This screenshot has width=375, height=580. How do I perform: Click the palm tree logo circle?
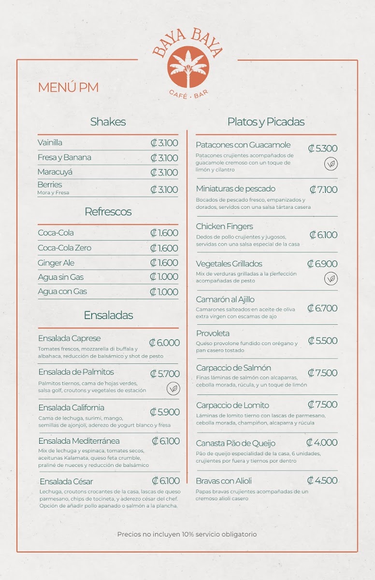[x=188, y=67]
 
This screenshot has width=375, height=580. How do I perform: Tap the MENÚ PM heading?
[x=68, y=87]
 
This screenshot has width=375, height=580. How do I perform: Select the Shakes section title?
[x=108, y=122]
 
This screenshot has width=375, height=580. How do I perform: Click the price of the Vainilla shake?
[x=164, y=143]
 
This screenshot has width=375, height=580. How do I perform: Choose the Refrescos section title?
[x=108, y=212]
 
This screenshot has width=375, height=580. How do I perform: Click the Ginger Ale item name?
[x=56, y=263]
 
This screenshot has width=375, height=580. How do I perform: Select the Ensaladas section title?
[x=108, y=315]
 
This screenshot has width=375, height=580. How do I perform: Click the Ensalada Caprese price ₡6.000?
[x=164, y=343]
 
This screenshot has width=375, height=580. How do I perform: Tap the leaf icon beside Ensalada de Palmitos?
[x=173, y=389]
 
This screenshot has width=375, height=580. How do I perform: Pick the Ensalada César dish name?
[x=66, y=481]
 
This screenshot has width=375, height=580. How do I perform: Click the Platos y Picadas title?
[x=266, y=122]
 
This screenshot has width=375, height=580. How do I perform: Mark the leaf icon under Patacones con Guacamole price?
[x=331, y=164]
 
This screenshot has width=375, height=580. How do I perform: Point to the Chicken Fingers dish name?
[x=224, y=226]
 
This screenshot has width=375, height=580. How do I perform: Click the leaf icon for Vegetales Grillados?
[x=331, y=278]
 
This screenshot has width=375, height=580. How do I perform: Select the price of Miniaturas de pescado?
[x=323, y=189]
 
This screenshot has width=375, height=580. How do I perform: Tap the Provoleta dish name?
[x=213, y=333]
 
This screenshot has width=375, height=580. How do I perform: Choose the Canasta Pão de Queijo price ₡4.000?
[x=322, y=443]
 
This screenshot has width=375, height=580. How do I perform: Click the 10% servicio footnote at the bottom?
[x=187, y=534]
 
